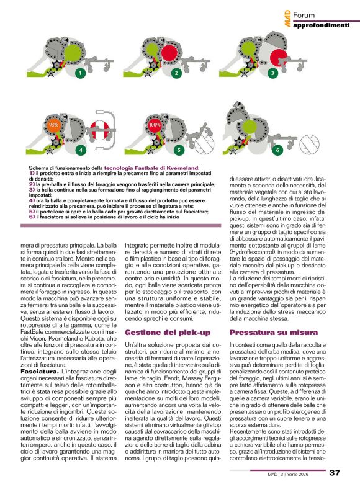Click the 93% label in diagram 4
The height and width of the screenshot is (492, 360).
[53, 125]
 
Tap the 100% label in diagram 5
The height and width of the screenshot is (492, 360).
[155, 125]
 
